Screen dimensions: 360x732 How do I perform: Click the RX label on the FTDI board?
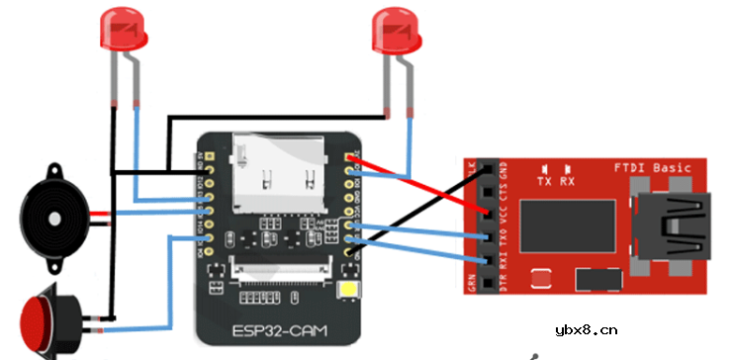(568, 182)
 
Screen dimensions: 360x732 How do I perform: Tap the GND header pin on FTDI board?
(487, 168)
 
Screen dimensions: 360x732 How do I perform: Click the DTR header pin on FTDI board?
(487, 282)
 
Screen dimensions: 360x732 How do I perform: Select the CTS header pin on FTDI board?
(487, 190)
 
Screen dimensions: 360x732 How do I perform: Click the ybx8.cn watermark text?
(587, 329)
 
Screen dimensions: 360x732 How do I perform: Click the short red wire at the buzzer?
(100, 214)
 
